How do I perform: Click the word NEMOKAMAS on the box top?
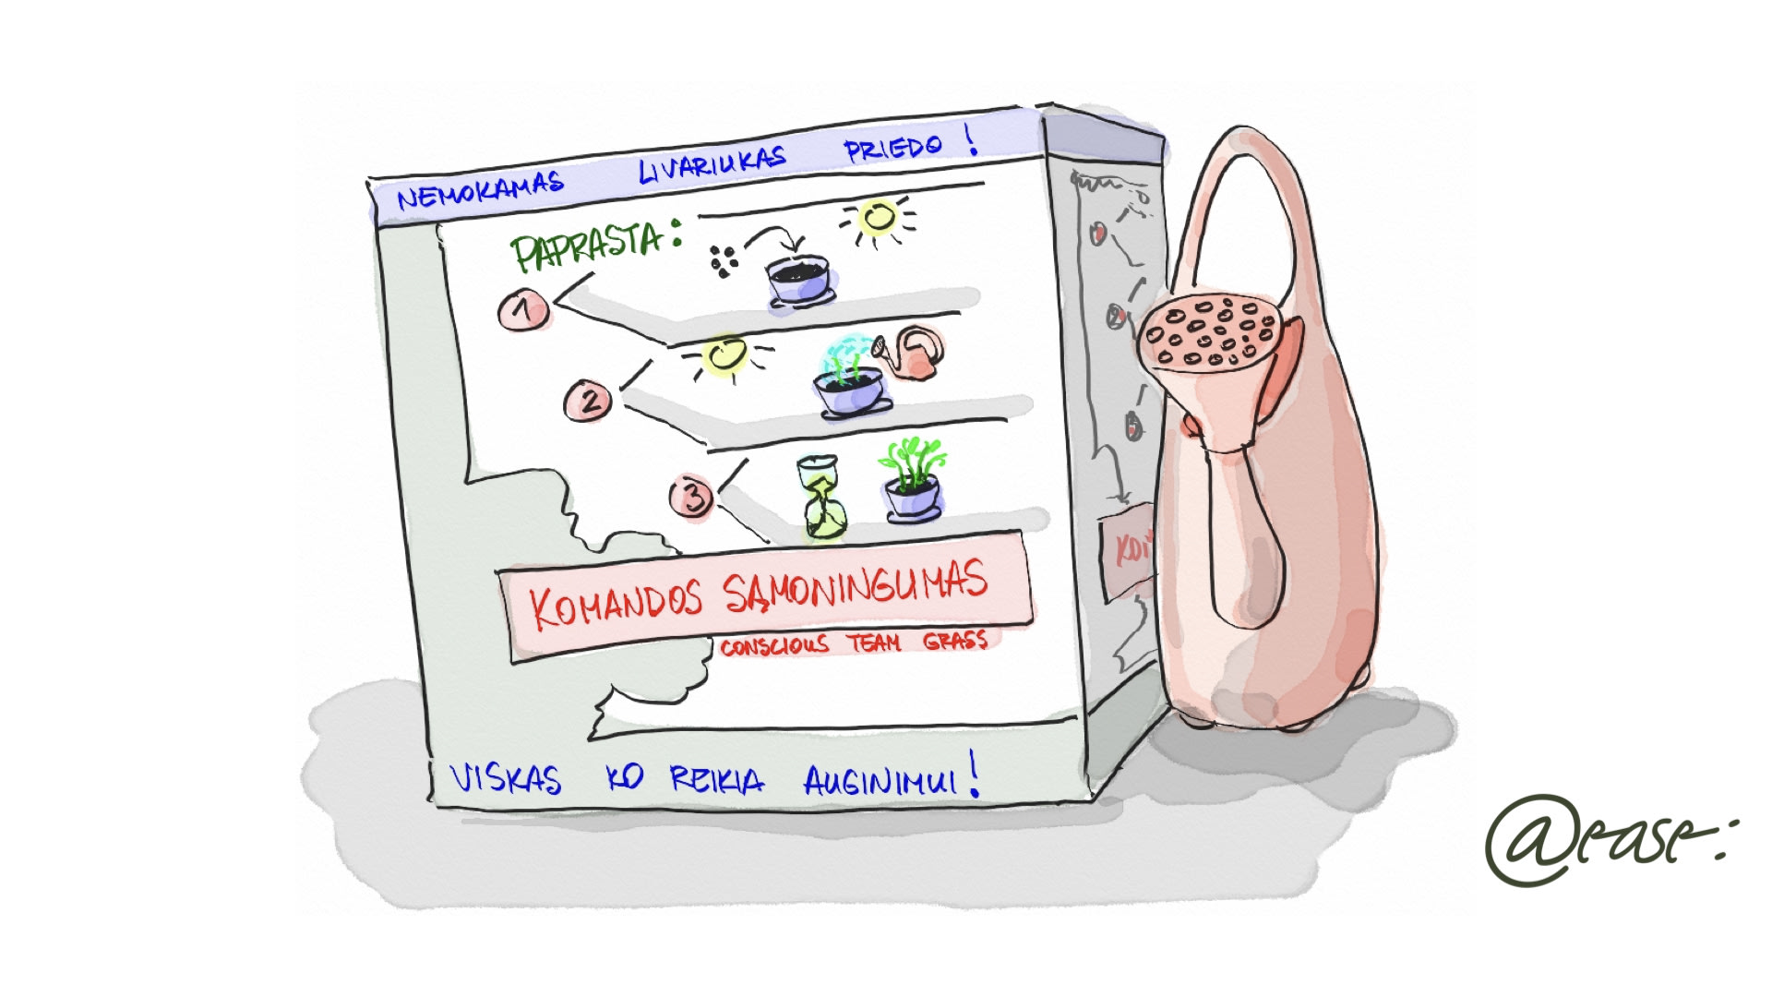480,190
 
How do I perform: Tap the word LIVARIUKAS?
712,164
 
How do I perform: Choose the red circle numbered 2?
588,401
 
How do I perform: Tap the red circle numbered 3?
692,496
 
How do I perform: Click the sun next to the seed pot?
878,219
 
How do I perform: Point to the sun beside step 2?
725,356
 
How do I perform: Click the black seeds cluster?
724,260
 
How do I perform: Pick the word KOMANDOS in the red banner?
616,605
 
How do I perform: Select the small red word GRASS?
955,640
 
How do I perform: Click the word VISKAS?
506,778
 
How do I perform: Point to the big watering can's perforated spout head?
1207,333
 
